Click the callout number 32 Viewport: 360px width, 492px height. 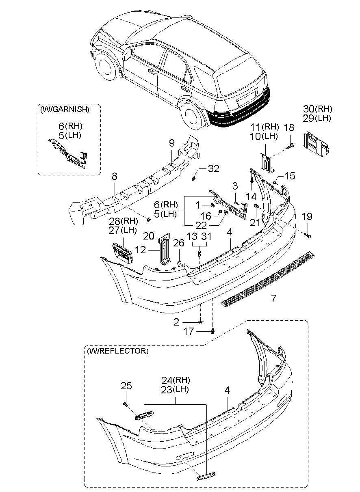(213, 168)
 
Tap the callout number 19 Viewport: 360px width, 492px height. (307, 217)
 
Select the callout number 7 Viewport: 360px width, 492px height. (273, 298)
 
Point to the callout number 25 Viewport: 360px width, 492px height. (126, 386)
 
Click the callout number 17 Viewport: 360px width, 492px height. (189, 332)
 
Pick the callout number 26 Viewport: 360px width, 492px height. (179, 243)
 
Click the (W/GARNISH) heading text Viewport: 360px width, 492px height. (64, 109)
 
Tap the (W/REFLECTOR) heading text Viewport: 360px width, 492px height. (117, 350)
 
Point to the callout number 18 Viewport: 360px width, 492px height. (289, 127)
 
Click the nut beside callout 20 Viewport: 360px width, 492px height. (149, 220)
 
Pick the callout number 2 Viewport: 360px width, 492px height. (176, 322)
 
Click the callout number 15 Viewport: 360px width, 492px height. (290, 176)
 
